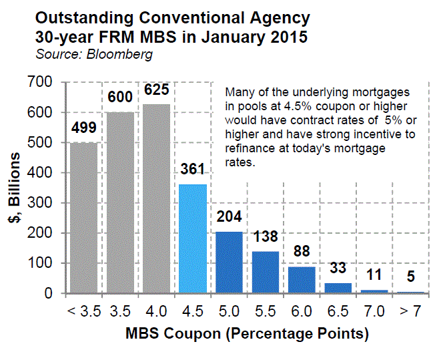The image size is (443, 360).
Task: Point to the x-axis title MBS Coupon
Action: (248, 332)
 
